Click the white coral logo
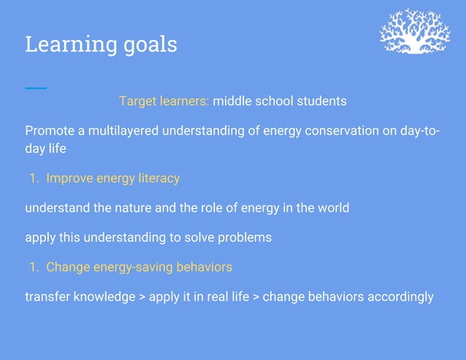click(x=415, y=32)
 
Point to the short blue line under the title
click(x=35, y=88)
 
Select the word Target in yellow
click(x=139, y=101)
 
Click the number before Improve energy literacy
click(x=34, y=178)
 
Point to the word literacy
click(x=157, y=178)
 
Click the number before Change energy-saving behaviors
click(x=34, y=267)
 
